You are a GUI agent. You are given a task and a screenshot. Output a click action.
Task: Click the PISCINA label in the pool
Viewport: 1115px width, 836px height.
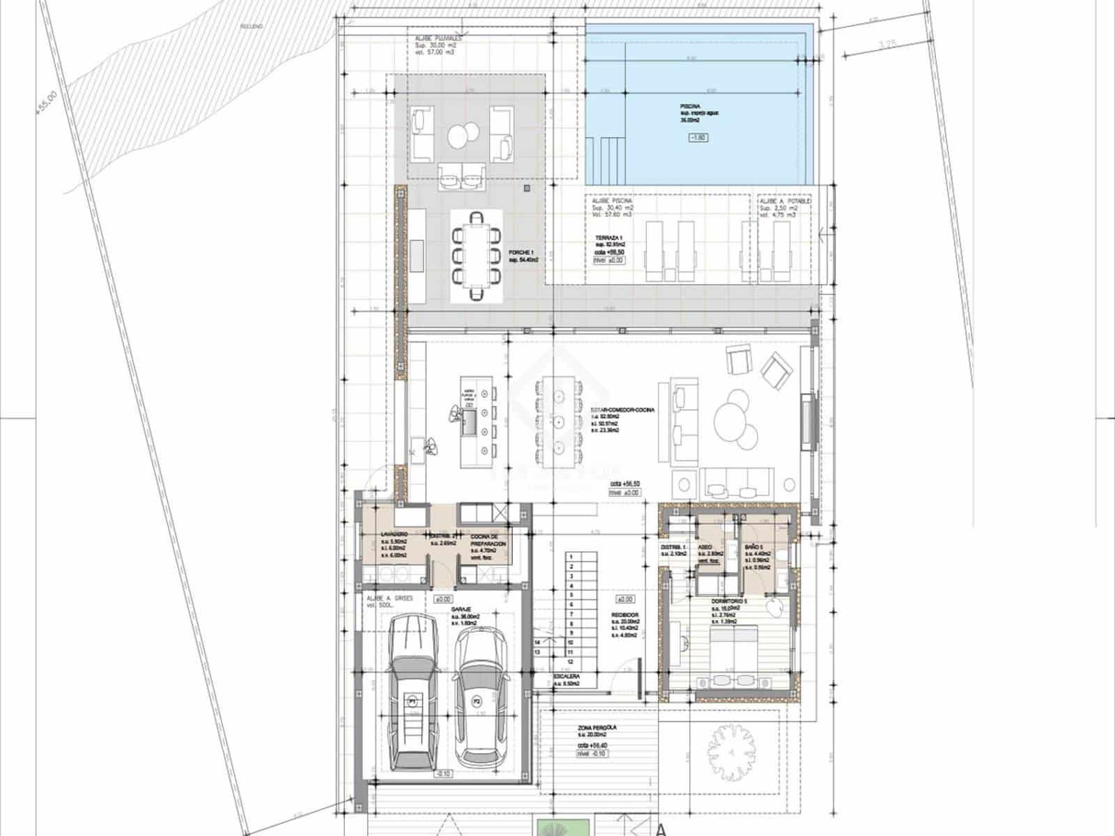[x=691, y=106]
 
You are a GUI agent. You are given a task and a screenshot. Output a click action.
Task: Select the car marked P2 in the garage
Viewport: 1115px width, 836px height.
[x=478, y=697]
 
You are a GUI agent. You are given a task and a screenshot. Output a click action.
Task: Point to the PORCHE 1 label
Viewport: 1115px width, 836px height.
[x=521, y=252]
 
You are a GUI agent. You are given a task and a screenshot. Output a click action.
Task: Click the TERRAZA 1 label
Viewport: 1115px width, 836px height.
[x=608, y=238]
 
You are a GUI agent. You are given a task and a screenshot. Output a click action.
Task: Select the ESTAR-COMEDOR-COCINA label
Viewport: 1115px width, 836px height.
[x=622, y=410]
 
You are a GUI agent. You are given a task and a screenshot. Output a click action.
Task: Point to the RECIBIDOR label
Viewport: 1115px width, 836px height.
[x=626, y=614]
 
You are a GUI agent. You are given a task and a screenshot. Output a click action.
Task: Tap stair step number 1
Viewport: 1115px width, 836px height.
[x=571, y=557]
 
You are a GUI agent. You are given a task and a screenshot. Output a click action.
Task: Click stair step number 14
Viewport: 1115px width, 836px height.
[x=537, y=642]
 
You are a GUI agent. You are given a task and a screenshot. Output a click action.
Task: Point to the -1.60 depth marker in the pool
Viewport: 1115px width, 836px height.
[x=698, y=138]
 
